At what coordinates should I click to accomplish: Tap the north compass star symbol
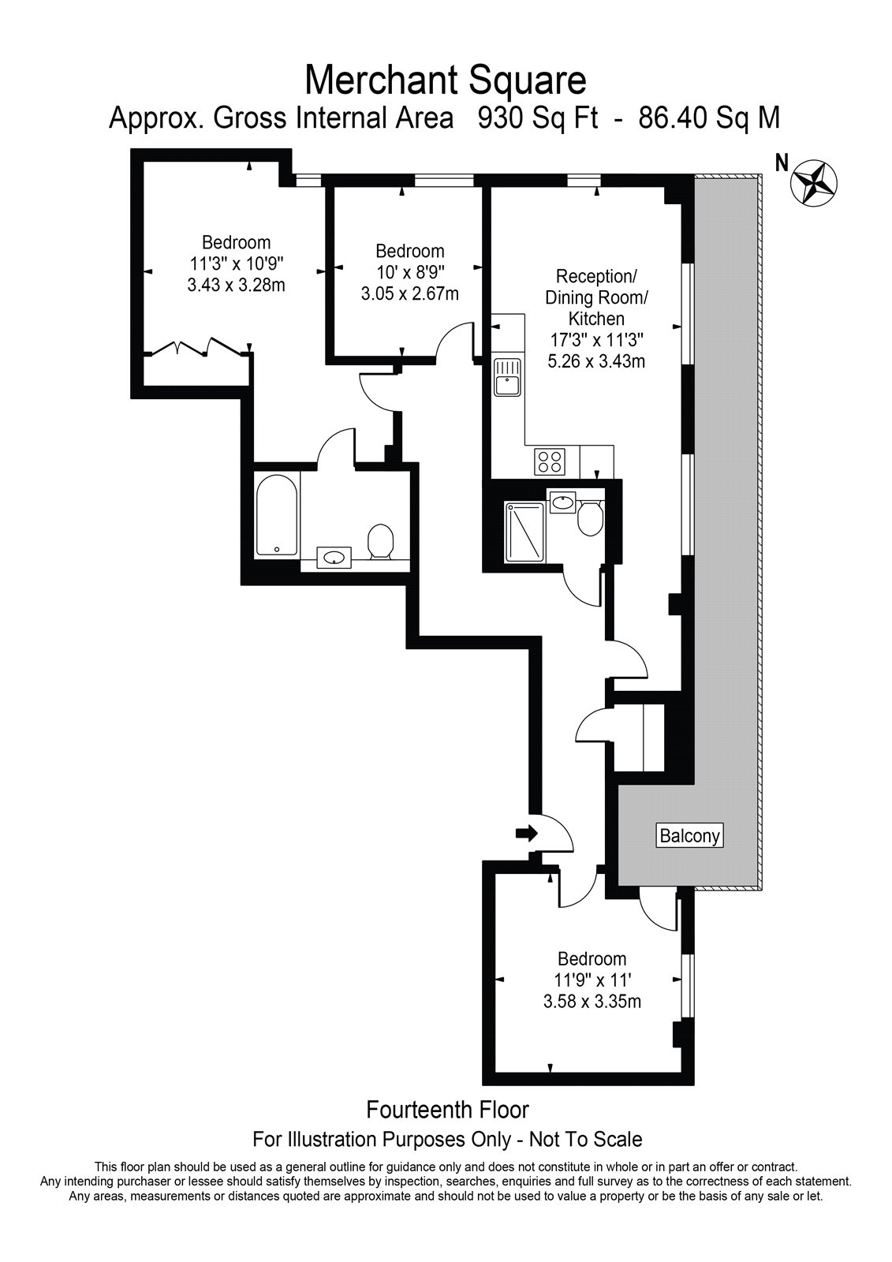click(814, 182)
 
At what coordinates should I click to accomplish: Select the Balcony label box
click(690, 835)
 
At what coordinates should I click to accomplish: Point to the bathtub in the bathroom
click(277, 515)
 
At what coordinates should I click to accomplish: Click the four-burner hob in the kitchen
click(550, 461)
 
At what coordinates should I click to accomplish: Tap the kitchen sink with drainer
click(508, 378)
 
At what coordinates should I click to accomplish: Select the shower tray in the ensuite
click(524, 532)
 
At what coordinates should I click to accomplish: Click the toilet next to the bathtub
click(380, 542)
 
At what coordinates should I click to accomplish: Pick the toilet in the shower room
click(591, 517)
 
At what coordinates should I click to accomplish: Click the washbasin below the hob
click(562, 500)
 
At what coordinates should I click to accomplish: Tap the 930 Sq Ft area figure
click(538, 119)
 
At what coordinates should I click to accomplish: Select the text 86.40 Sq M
click(710, 119)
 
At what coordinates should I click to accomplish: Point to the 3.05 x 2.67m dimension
click(409, 293)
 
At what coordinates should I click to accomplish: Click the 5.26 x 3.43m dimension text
click(596, 360)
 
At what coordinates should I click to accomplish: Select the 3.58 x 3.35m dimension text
click(592, 1001)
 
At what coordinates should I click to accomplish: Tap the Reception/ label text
click(596, 277)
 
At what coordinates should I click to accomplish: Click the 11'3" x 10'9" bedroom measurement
click(236, 263)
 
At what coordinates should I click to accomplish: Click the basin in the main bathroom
click(334, 557)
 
